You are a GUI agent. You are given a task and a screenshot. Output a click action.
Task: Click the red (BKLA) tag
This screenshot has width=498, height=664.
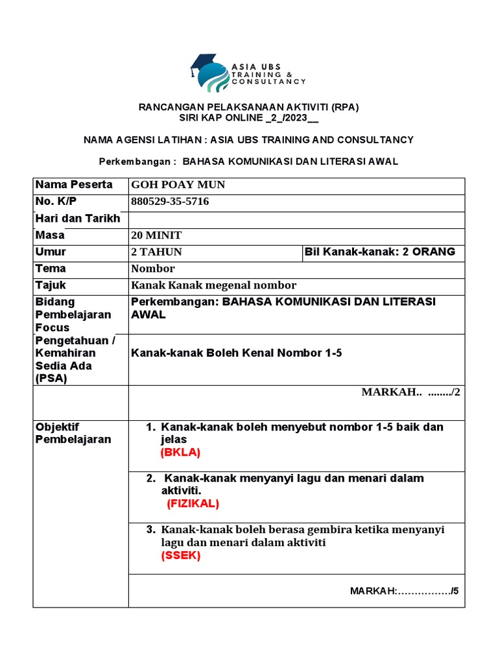click(180, 452)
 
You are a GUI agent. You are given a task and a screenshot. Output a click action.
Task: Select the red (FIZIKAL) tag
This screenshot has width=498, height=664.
click(193, 503)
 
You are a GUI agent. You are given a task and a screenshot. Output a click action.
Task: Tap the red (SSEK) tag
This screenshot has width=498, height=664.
click(181, 556)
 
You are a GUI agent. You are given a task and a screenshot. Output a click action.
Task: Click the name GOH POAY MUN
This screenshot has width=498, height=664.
click(178, 185)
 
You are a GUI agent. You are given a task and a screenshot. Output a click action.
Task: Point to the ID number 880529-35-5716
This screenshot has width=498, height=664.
click(170, 202)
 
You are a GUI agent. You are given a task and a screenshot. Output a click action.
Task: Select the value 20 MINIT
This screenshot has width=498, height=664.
click(156, 235)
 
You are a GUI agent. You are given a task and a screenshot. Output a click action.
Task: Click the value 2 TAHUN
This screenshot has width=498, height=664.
click(156, 252)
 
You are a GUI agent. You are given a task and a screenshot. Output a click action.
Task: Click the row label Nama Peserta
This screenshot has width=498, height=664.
click(74, 185)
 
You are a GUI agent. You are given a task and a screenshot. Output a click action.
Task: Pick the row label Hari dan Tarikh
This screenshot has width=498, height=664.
click(78, 219)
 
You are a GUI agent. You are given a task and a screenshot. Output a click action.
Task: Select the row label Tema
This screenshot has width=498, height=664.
click(51, 268)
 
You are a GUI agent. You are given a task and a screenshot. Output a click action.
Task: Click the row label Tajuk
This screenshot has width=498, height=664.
click(51, 285)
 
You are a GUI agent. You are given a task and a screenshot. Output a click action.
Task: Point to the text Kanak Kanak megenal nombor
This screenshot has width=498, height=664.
click(213, 285)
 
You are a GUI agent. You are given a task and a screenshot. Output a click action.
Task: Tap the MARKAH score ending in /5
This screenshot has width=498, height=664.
click(404, 591)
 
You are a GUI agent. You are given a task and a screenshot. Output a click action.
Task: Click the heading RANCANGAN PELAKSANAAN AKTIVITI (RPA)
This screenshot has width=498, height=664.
click(249, 106)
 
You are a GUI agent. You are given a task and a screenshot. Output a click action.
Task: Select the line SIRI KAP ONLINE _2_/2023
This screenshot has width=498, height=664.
click(249, 119)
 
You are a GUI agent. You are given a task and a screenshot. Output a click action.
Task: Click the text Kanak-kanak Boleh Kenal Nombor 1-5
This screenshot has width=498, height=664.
click(236, 353)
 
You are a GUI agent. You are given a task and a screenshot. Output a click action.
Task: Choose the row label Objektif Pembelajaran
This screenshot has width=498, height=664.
click(73, 433)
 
